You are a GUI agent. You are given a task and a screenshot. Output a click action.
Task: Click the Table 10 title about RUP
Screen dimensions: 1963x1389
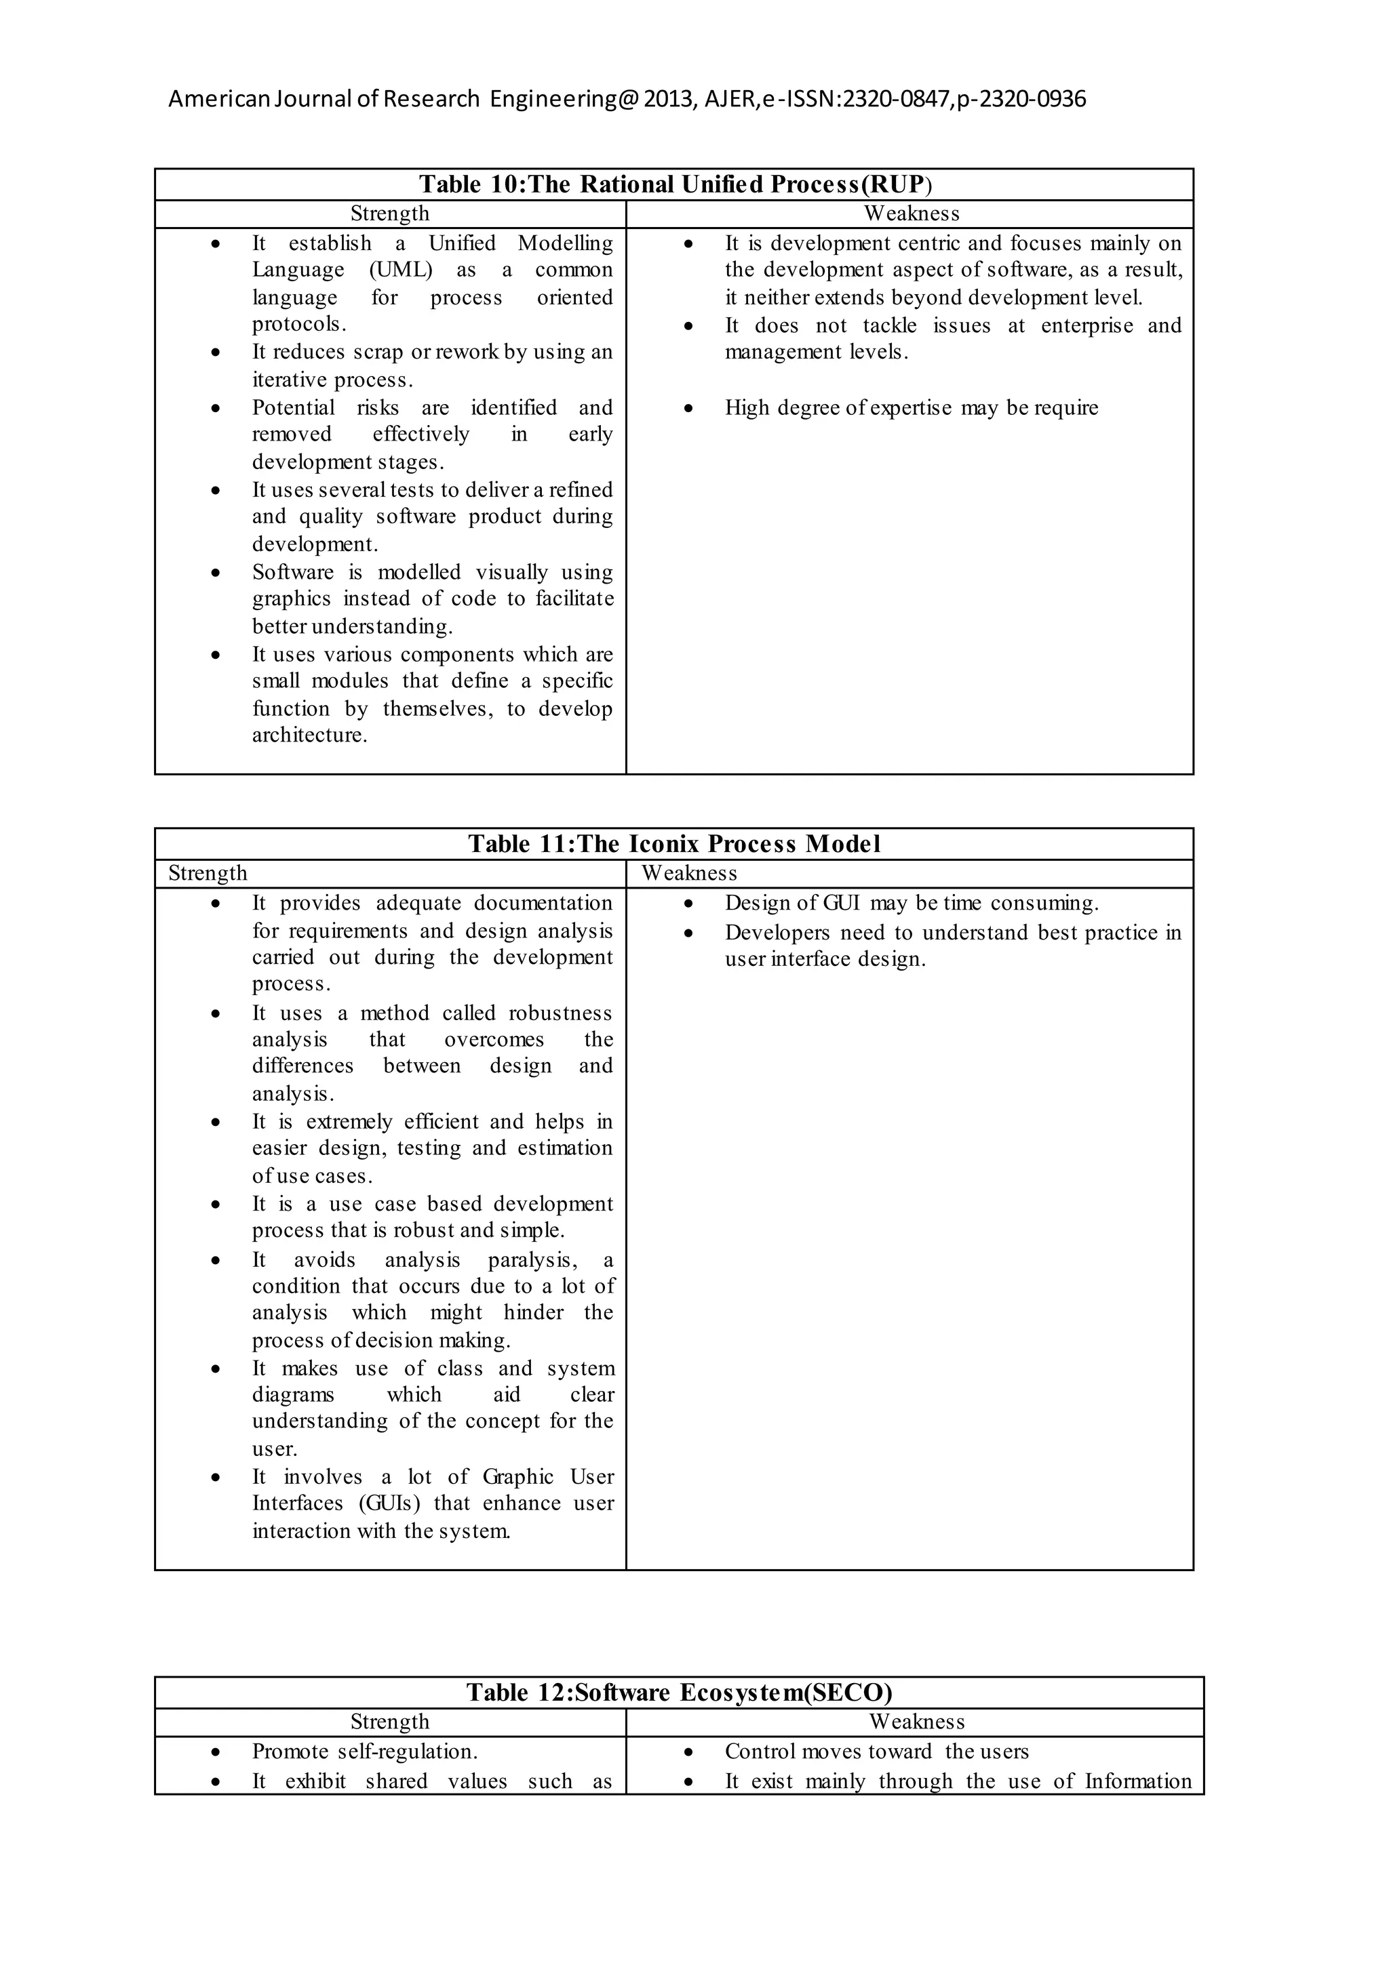(x=675, y=184)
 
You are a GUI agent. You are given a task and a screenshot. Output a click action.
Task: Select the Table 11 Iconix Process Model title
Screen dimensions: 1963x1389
(x=674, y=844)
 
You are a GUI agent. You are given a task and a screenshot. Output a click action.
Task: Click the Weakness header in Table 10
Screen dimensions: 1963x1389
(x=912, y=214)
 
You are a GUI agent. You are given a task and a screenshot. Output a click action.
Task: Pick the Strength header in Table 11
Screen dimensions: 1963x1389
(x=208, y=873)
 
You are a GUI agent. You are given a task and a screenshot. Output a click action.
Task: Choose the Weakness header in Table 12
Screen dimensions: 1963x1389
(x=917, y=1721)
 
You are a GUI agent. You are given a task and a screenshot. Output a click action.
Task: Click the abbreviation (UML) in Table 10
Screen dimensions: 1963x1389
(x=401, y=270)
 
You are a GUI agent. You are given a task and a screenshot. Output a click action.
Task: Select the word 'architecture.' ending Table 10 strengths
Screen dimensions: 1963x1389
(x=310, y=735)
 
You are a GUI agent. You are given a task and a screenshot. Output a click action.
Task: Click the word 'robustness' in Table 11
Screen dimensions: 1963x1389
(x=560, y=1013)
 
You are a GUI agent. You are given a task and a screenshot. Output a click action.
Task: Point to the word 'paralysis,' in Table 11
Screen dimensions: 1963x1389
(x=533, y=1260)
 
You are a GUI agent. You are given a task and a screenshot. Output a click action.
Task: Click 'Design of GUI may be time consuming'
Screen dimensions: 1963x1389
(x=912, y=904)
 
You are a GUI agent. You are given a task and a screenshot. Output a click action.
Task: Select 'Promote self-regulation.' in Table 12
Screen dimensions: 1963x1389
(x=365, y=1751)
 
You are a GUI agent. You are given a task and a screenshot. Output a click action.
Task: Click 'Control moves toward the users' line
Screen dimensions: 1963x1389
(x=877, y=1751)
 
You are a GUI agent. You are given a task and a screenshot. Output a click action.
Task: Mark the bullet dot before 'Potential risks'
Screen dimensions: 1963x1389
(x=216, y=409)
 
